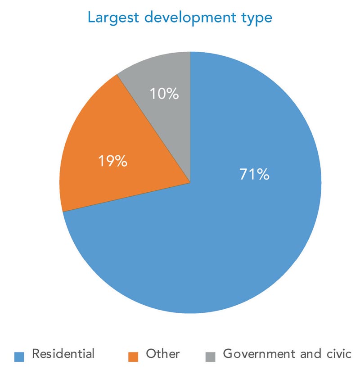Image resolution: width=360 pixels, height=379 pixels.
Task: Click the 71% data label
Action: (254, 175)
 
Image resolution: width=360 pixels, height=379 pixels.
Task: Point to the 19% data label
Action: (112, 162)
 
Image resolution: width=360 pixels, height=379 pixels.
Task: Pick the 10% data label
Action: (165, 95)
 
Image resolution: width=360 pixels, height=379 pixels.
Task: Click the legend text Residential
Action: (63, 354)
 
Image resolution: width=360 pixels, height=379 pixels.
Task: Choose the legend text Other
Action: (162, 354)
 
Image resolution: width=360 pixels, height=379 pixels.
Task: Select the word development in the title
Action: (194, 19)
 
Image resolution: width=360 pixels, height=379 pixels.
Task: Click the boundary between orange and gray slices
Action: (153, 128)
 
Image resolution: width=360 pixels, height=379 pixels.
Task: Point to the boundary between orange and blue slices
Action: (126, 198)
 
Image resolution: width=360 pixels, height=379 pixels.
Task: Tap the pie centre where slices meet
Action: (190, 183)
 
